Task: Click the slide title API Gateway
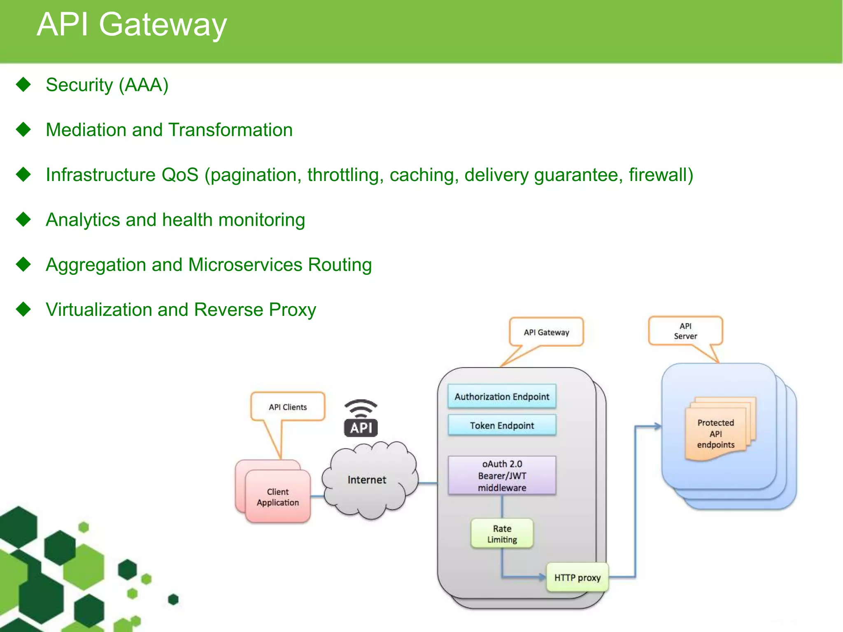[132, 25]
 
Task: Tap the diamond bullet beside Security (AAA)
[23, 84]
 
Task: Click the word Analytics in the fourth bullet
[83, 220]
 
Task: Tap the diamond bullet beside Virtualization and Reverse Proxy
[23, 309]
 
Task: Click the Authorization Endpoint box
[502, 397]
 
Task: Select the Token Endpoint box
[502, 425]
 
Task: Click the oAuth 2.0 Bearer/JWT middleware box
[502, 476]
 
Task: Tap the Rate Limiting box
[502, 534]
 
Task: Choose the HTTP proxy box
[577, 578]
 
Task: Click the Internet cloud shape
[368, 480]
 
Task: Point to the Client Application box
[278, 497]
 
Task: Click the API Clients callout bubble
[288, 407]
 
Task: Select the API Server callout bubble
[685, 331]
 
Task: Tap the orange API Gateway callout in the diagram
[546, 332]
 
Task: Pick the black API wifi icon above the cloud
[361, 419]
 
